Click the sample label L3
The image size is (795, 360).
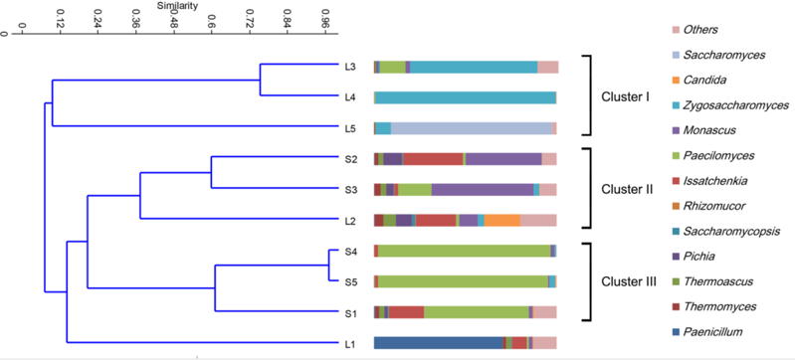pyautogui.click(x=350, y=67)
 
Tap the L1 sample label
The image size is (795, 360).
pyautogui.click(x=349, y=345)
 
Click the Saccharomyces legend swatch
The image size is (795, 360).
pyautogui.click(x=675, y=55)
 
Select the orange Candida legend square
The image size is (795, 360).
pyautogui.click(x=675, y=81)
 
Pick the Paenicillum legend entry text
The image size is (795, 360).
pyautogui.click(x=712, y=332)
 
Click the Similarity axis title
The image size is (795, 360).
pyautogui.click(x=178, y=6)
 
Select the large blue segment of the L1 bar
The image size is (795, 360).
pyautogui.click(x=439, y=343)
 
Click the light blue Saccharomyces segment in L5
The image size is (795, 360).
pyautogui.click(x=471, y=128)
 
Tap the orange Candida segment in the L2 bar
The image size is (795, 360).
pyautogui.click(x=501, y=220)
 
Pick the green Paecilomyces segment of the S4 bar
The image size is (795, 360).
pyautogui.click(x=464, y=251)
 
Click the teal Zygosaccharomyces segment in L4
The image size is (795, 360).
pyautogui.click(x=466, y=97)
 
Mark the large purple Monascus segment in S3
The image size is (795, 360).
pyautogui.click(x=483, y=190)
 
